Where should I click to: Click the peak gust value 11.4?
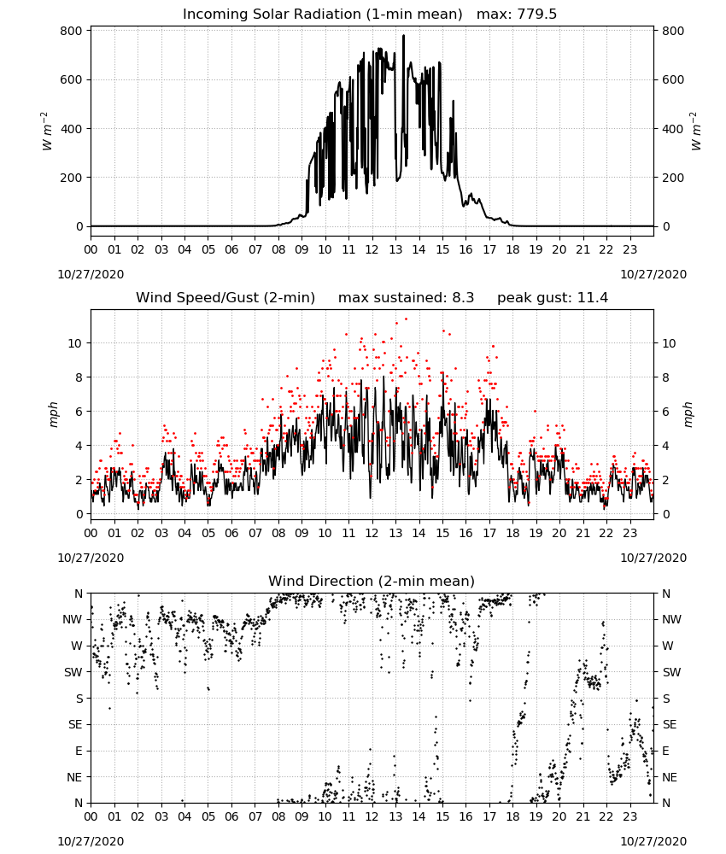(591, 297)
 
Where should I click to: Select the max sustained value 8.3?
(463, 297)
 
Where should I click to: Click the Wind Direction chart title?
(372, 581)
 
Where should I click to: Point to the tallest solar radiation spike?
(404, 36)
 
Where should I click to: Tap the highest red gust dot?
(406, 319)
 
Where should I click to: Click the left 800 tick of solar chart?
(72, 31)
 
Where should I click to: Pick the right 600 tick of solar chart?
(673, 79)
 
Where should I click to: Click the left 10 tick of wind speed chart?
(75, 343)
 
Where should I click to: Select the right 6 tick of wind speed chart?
(666, 412)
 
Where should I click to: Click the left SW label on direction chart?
(73, 672)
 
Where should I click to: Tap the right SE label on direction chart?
(670, 724)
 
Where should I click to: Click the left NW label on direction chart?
(73, 619)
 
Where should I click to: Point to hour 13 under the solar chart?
(395, 249)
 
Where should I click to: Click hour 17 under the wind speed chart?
(489, 533)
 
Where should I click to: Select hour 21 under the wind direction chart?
(583, 817)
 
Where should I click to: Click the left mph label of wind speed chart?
(53, 414)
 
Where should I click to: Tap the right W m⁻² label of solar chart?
(695, 131)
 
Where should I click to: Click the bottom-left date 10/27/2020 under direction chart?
(91, 841)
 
